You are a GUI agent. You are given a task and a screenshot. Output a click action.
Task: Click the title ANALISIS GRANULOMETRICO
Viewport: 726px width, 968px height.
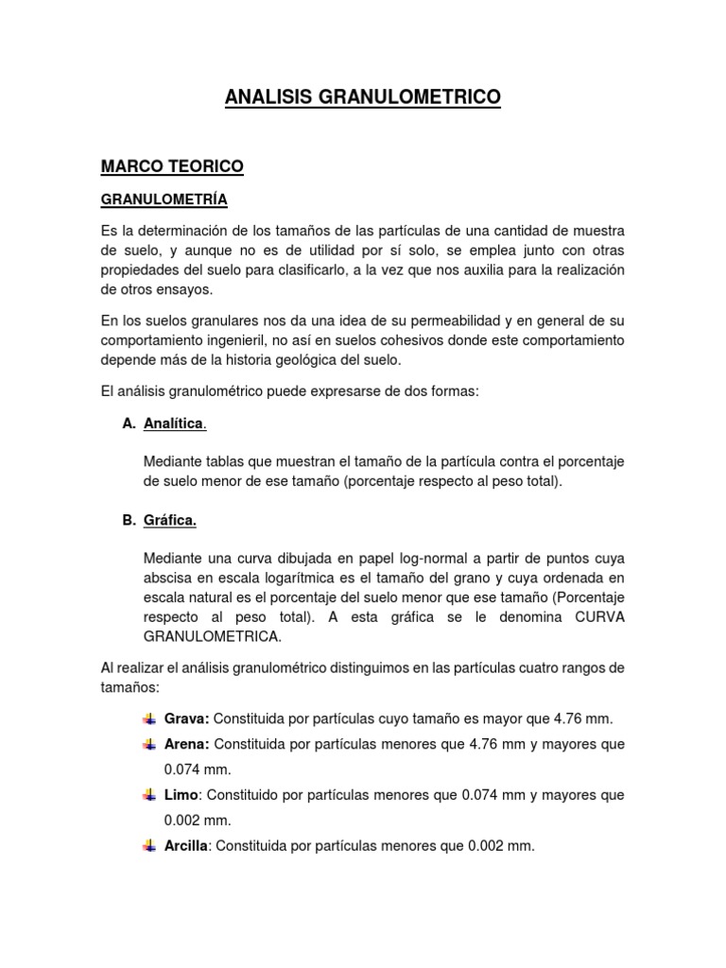tap(363, 96)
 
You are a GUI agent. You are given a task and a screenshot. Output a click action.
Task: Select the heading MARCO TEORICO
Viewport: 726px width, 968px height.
tap(172, 166)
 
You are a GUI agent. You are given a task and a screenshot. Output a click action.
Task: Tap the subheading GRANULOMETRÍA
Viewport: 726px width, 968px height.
tap(164, 200)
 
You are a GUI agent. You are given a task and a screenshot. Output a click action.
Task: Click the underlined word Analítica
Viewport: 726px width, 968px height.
tap(174, 423)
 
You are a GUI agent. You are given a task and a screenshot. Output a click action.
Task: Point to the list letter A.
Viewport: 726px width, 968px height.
tap(130, 423)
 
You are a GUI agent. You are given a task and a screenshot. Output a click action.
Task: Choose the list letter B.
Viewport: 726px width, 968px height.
tap(130, 520)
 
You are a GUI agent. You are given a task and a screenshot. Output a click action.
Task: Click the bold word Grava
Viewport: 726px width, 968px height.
tap(186, 718)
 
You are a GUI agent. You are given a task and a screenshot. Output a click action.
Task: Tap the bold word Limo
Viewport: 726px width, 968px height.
tap(181, 795)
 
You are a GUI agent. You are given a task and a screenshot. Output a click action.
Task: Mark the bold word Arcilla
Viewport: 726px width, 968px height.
tap(186, 846)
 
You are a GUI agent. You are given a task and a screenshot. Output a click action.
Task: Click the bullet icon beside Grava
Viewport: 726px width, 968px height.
tap(149, 719)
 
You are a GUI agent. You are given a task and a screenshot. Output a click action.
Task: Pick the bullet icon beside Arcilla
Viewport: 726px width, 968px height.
tap(149, 847)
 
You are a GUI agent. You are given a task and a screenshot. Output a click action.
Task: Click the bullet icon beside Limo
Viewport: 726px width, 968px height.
tap(149, 796)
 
